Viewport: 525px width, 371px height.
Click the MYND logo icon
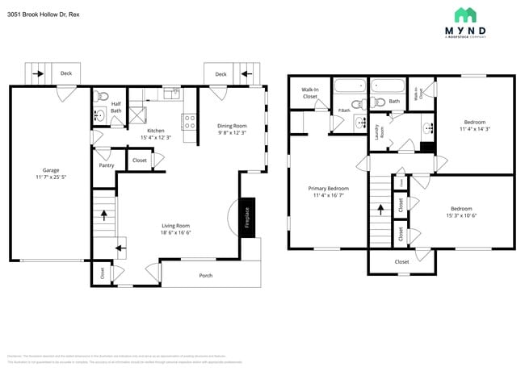(464, 15)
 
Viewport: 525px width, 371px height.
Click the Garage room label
(51, 170)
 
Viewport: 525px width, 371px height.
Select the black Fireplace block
(248, 218)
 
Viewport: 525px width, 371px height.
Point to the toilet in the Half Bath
(102, 97)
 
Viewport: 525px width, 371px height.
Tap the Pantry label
(106, 165)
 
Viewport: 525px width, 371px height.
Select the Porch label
(206, 276)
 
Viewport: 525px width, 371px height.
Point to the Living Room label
(174, 226)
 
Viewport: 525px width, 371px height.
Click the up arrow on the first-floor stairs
(103, 215)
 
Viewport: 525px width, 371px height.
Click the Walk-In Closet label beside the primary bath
(309, 93)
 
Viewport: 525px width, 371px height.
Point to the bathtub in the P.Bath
(350, 87)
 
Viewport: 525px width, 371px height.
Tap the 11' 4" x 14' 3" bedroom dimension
(475, 128)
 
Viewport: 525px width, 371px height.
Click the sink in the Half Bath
(99, 116)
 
